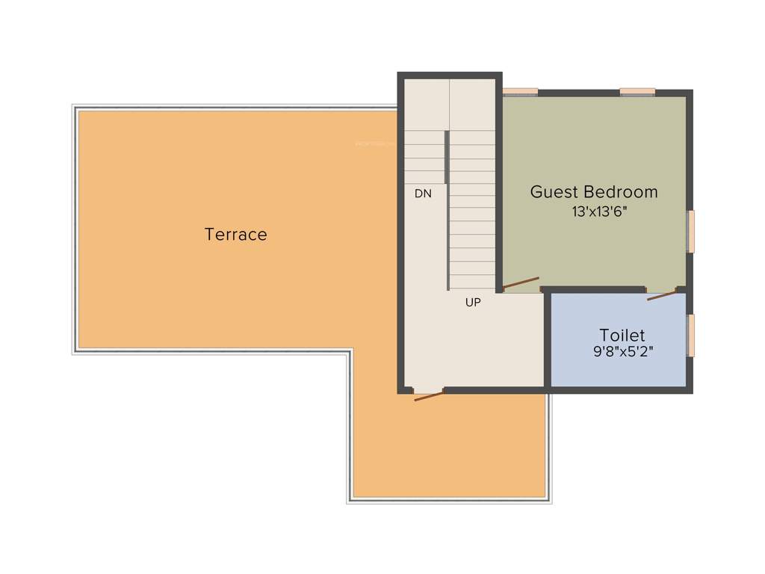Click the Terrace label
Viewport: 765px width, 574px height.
235,235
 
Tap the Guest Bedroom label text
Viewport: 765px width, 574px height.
594,191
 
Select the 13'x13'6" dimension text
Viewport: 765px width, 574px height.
599,212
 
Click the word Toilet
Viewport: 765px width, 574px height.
622,335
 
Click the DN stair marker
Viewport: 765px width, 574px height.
423,194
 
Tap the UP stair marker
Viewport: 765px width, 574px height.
473,303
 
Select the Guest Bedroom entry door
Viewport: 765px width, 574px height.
521,283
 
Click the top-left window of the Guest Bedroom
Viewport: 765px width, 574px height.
520,92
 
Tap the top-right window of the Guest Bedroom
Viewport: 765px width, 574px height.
637,92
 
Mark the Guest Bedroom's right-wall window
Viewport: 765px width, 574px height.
691,231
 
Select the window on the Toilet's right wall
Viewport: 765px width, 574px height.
691,335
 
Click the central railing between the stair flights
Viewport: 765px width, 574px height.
447,209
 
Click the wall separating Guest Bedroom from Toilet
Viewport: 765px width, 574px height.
594,289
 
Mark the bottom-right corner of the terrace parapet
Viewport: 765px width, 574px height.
549,501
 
